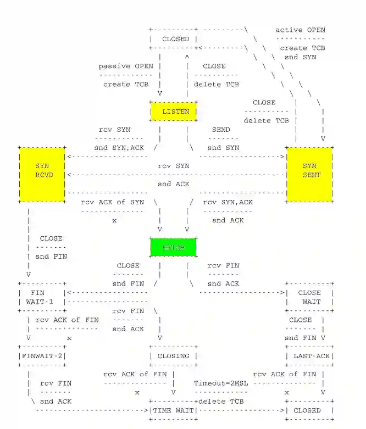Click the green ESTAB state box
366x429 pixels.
pos(173,247)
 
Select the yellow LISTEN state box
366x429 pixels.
pos(173,112)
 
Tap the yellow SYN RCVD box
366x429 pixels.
pos(42,174)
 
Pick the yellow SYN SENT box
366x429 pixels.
pos(309,174)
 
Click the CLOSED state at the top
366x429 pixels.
pos(175,39)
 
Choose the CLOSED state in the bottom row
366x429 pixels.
pos(308,410)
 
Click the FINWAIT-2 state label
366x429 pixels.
pos(42,356)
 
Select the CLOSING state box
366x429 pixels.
pos(173,356)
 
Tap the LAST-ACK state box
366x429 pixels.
pos(310,356)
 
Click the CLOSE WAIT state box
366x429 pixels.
pos(310,297)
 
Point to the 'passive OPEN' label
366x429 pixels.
pos(126,66)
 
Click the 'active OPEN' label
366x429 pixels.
pos(300,30)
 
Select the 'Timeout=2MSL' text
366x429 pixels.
pos(220,383)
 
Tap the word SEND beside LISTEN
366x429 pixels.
pos(221,130)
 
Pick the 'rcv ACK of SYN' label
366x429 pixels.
pos(112,202)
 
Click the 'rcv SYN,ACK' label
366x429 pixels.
pos(228,202)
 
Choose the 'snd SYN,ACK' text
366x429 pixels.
pos(119,148)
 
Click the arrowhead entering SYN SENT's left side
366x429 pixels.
pos(283,157)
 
